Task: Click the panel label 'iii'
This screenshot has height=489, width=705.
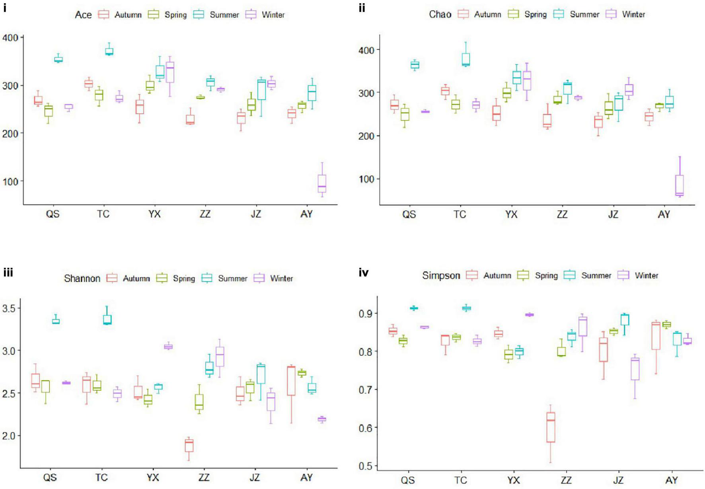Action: pos(8,273)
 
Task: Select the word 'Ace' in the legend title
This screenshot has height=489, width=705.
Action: pos(83,15)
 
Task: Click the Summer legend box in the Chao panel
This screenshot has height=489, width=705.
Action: pos(559,14)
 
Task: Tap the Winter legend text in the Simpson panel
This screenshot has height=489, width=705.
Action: pos(646,275)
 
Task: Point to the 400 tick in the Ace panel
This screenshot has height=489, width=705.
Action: pos(10,38)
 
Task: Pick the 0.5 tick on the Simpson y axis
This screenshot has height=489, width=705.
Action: pos(365,466)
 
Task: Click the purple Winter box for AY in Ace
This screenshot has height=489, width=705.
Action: pos(322,183)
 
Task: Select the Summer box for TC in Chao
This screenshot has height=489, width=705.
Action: pos(465,59)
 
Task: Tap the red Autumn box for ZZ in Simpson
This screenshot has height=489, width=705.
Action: pos(551,427)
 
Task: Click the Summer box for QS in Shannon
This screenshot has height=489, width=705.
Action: pos(56,321)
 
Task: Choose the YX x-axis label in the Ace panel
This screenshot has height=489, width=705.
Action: pos(154,214)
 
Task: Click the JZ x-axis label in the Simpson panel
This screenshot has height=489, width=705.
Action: pos(618,480)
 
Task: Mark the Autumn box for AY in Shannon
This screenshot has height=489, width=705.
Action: pos(291,381)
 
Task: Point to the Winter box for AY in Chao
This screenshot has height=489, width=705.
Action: pos(680,185)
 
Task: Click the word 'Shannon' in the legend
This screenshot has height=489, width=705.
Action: pos(82,279)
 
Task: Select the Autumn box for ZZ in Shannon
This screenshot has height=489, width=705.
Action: pos(189,445)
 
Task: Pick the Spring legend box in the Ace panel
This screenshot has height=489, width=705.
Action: pos(153,15)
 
